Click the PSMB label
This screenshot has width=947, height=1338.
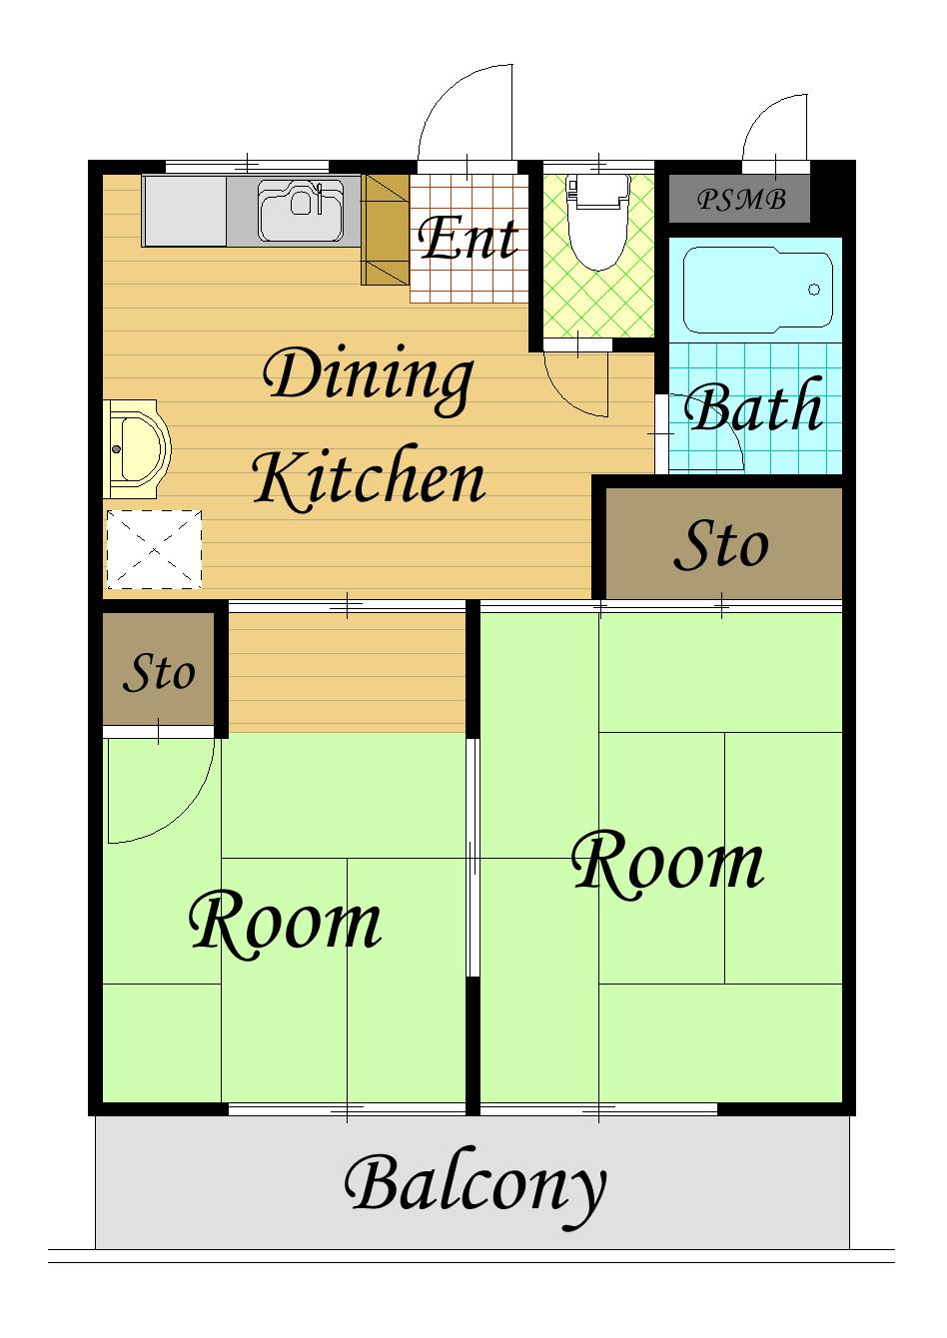(741, 200)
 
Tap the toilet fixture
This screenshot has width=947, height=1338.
(598, 221)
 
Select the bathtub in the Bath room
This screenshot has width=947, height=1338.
(757, 291)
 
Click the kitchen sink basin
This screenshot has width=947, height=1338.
(301, 211)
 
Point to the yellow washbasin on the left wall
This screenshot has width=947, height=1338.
(137, 449)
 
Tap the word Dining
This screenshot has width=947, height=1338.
(368, 378)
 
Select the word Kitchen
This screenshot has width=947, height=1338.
(370, 478)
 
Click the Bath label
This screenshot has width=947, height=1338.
(753, 405)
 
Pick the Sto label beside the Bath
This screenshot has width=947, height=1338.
(722, 543)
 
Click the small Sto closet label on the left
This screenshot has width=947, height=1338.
(159, 673)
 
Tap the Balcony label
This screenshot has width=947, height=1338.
(475, 1186)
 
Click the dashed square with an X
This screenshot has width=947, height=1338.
(154, 549)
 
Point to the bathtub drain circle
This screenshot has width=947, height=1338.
(814, 290)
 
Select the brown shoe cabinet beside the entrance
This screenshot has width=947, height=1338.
(386, 230)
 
